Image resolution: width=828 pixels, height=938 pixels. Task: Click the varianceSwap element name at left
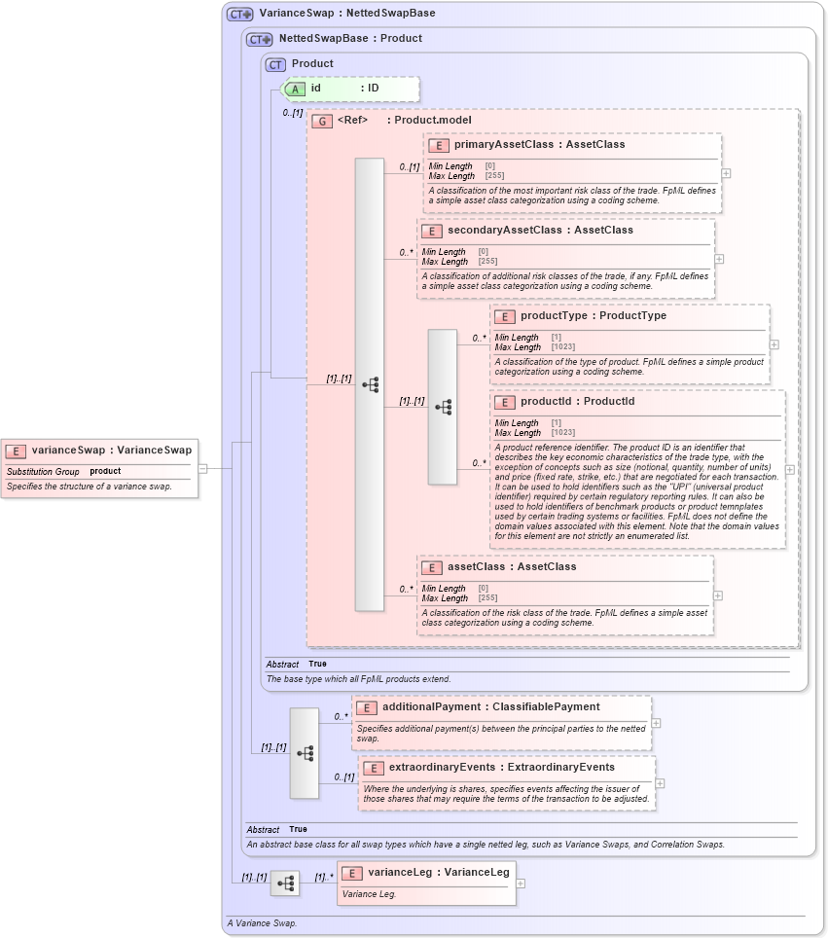tap(67, 450)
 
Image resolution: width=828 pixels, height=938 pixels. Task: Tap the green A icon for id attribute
tap(295, 89)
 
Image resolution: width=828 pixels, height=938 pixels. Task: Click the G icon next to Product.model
tap(321, 121)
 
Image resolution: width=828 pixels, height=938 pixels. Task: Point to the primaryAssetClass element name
tap(503, 144)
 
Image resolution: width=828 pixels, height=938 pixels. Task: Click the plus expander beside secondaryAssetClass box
tap(719, 259)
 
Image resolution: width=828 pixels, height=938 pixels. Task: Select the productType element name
tap(554, 315)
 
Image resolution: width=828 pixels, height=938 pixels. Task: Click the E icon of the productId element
tap(504, 402)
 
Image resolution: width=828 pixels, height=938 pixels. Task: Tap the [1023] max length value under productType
tap(562, 347)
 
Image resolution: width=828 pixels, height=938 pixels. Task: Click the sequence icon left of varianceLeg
tap(285, 884)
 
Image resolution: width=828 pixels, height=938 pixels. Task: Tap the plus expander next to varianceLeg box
tap(521, 884)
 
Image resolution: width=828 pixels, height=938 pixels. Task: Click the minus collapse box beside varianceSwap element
tap(202, 468)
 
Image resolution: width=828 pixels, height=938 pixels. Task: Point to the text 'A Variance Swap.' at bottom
tap(262, 922)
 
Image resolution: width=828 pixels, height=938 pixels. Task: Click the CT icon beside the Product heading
tap(275, 64)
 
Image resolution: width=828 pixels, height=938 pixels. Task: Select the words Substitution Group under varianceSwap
tap(43, 471)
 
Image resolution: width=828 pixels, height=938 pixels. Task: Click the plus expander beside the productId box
tap(789, 469)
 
